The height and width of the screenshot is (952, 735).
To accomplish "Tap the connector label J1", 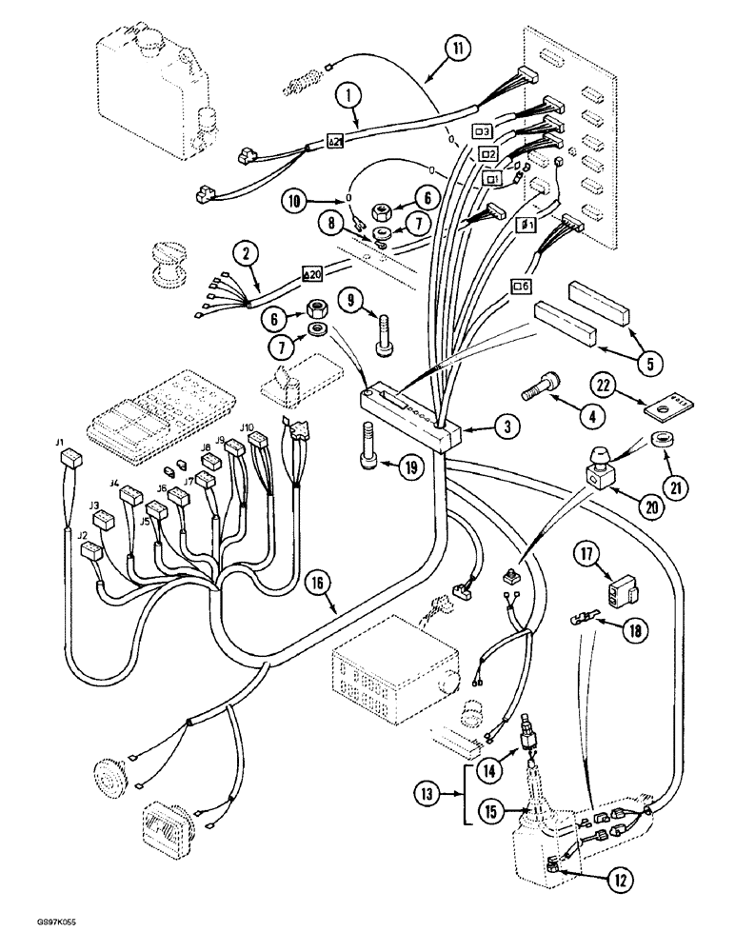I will [59, 443].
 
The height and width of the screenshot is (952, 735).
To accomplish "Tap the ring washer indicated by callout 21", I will [657, 440].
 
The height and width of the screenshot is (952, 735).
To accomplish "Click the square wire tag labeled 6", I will [522, 285].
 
